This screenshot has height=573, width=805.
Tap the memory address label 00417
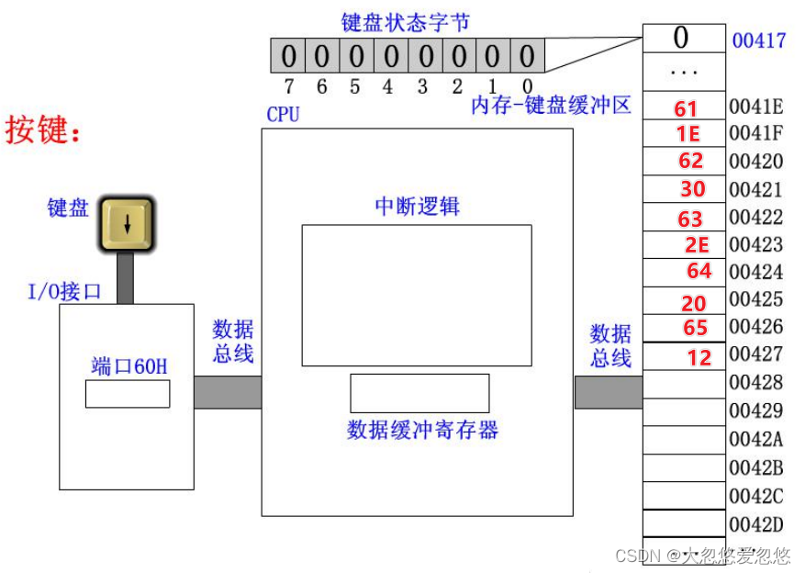[x=758, y=40]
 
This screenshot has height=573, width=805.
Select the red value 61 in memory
[x=686, y=109]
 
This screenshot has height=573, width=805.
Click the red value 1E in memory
[x=688, y=134]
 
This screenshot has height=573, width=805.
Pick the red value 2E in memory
[x=697, y=244]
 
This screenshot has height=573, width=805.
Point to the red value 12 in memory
[x=699, y=357]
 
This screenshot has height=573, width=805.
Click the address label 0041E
[x=755, y=106]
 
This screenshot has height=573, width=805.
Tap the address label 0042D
[x=755, y=524]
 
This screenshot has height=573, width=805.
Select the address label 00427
[x=755, y=354]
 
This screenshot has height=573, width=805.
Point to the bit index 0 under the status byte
[x=527, y=86]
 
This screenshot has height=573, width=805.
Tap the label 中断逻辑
[x=417, y=206]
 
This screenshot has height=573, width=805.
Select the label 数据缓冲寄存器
[x=422, y=429]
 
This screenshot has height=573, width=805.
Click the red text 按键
[x=42, y=130]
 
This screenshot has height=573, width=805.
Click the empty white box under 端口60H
[x=128, y=393]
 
